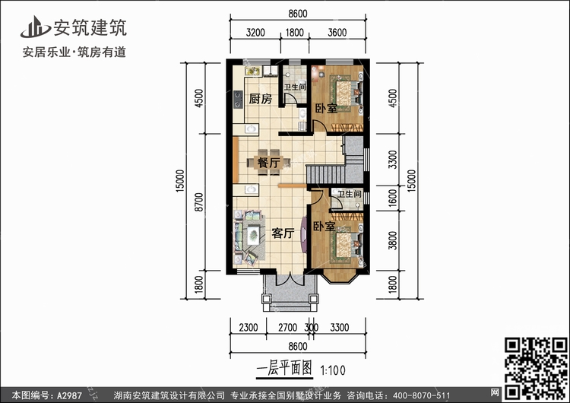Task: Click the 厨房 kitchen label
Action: coord(262,100)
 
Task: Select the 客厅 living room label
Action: coord(283,233)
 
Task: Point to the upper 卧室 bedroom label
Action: coord(327,108)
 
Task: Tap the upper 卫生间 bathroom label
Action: coord(295,87)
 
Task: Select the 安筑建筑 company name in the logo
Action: coord(90,28)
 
